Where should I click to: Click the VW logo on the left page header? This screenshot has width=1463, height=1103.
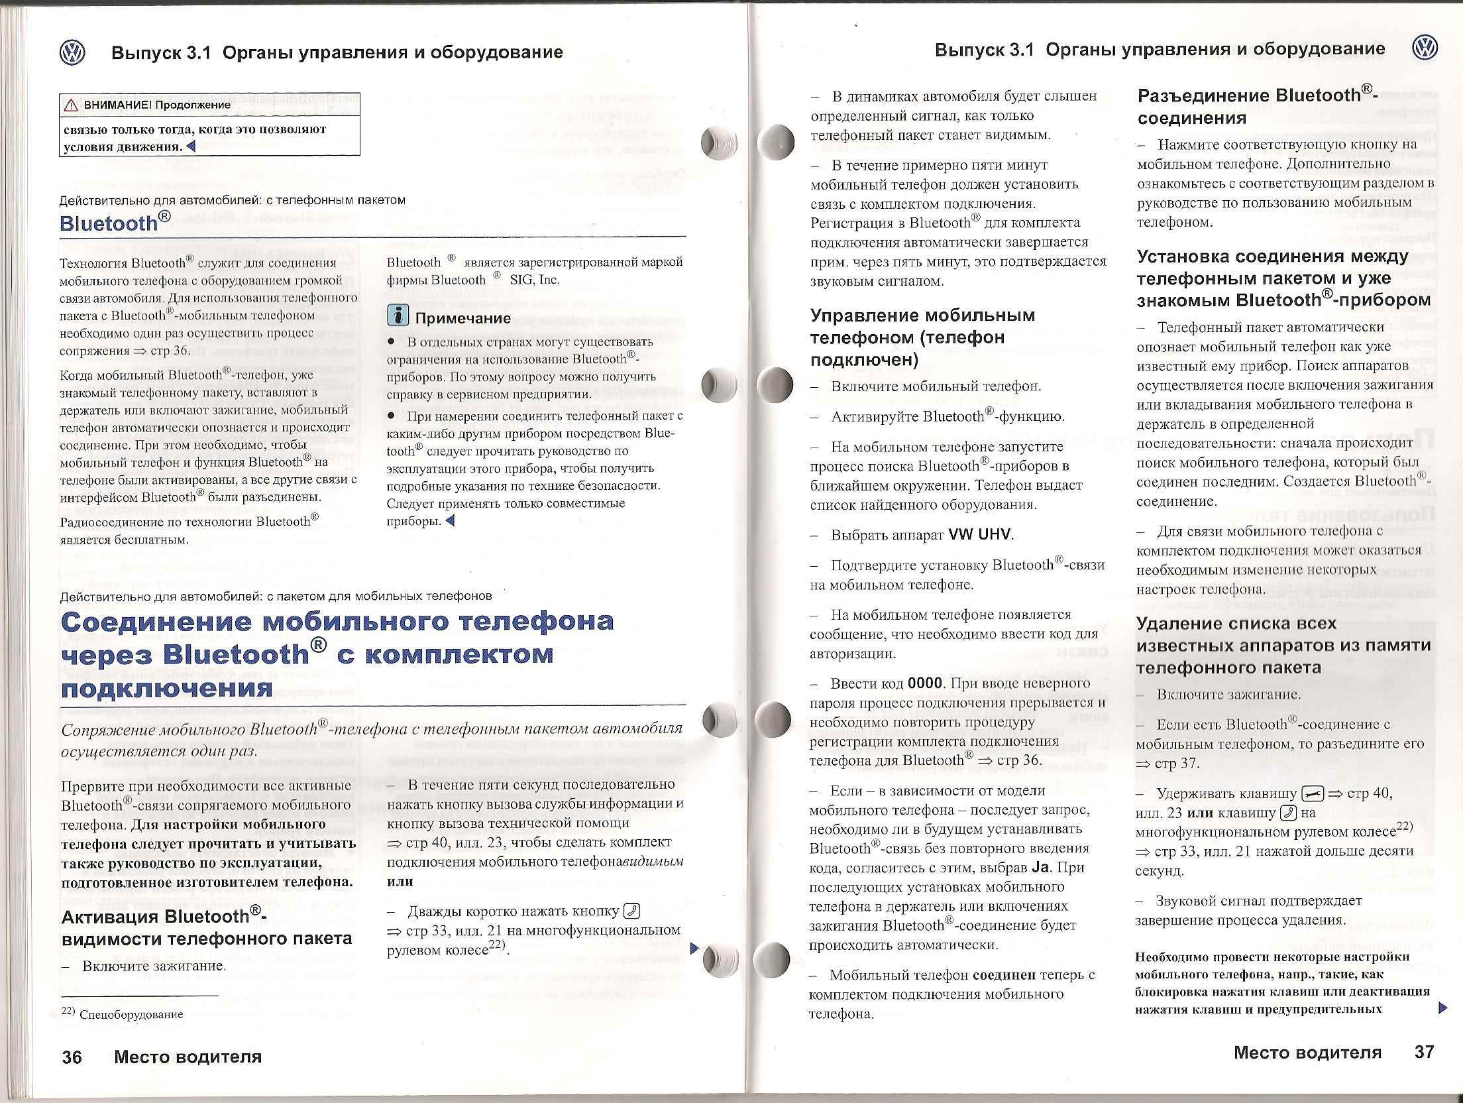pos(72,52)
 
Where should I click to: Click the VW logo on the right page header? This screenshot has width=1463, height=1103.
pos(1425,48)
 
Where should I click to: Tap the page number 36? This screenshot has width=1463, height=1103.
pos(72,1057)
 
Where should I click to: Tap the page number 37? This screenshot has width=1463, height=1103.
pos(1424,1052)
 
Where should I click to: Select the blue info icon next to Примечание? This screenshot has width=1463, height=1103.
pos(398,317)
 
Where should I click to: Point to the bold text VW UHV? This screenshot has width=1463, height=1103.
pos(981,534)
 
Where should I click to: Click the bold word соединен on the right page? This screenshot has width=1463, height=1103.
pos(1004,975)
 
